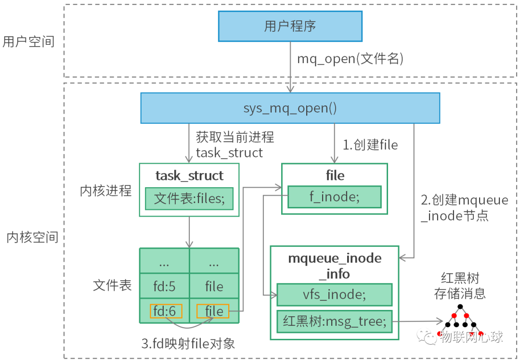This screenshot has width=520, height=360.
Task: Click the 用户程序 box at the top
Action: click(x=290, y=26)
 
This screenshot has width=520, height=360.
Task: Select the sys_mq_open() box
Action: click(x=290, y=108)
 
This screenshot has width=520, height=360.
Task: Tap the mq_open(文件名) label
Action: click(x=350, y=59)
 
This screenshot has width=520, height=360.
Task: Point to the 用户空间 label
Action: click(x=28, y=41)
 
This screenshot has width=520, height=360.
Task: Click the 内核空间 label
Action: click(x=32, y=237)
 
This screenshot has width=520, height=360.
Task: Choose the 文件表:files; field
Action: click(x=189, y=198)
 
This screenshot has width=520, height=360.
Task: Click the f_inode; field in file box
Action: click(x=334, y=196)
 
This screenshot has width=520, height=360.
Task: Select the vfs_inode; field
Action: click(x=334, y=295)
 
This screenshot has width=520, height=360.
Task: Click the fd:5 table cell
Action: click(x=164, y=286)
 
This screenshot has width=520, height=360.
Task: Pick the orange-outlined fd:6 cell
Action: click(x=166, y=311)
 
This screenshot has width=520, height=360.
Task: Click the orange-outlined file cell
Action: click(x=212, y=311)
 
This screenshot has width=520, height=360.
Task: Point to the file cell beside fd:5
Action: click(x=214, y=286)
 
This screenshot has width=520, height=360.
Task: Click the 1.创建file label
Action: click(x=370, y=145)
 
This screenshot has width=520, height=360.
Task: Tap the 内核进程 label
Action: click(x=105, y=191)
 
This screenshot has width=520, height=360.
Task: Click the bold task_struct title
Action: click(x=189, y=176)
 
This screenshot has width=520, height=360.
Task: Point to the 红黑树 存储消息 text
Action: click(x=460, y=285)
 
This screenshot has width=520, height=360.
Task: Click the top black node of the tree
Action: click(x=460, y=307)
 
